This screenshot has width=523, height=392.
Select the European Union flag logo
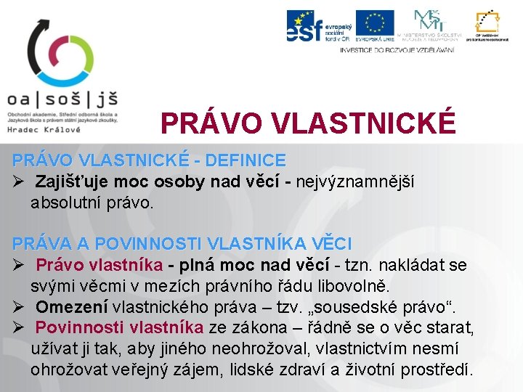click(374, 25)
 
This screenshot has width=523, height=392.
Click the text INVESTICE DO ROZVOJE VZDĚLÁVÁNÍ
click(397, 50)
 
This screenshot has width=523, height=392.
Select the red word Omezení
click(70, 307)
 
